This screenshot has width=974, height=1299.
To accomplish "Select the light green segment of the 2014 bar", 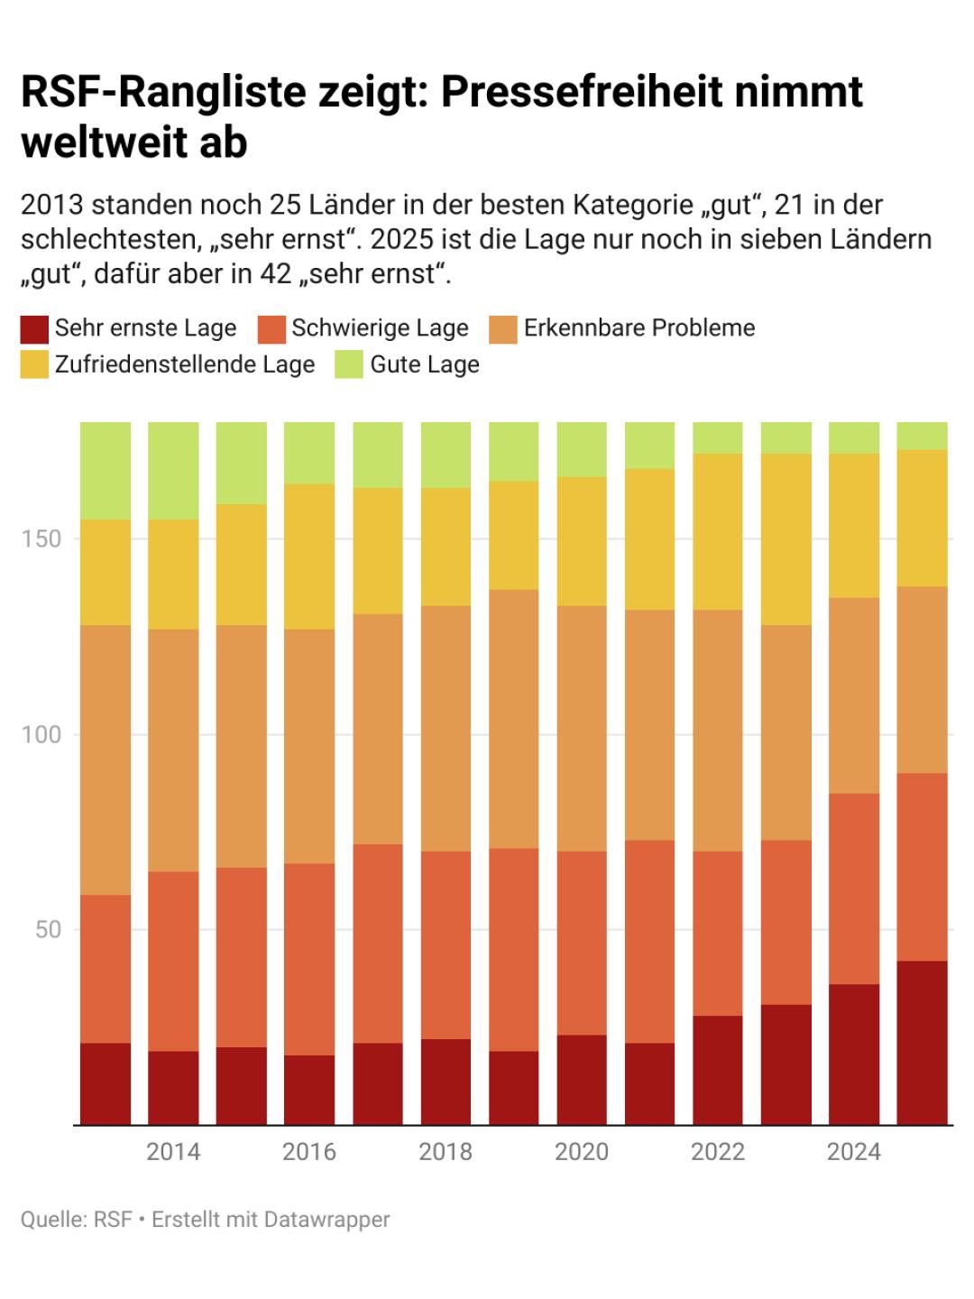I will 173,470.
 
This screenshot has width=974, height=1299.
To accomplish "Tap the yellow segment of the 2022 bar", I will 718,531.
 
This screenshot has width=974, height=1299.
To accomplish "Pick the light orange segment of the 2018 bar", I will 446,728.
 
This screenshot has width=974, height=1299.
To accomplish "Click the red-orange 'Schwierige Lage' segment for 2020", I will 582,943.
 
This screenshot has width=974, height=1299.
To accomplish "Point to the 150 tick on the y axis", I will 42,539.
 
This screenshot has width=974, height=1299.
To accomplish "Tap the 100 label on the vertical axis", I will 42,734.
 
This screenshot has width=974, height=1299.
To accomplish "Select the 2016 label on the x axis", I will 309,1152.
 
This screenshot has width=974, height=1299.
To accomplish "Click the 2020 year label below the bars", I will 582,1152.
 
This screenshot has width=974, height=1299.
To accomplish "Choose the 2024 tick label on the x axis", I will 854,1152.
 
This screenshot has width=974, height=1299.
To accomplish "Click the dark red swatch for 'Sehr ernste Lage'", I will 34,329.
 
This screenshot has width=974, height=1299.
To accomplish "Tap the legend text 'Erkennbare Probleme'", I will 639,327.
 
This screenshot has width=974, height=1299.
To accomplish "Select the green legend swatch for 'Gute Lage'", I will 349,365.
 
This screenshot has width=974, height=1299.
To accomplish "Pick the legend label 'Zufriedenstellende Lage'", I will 185,364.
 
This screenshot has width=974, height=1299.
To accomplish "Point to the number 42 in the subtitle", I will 275,273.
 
